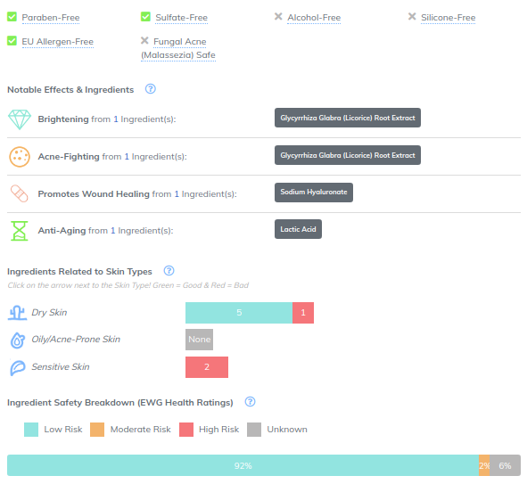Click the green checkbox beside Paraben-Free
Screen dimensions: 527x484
click(12, 16)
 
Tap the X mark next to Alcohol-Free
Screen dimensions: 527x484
click(278, 16)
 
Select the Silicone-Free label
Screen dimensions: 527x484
click(448, 18)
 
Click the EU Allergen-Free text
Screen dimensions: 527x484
click(57, 42)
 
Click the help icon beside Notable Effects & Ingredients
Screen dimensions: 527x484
click(150, 89)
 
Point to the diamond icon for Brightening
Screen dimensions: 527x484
click(20, 119)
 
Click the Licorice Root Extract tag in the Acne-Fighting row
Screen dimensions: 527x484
click(348, 155)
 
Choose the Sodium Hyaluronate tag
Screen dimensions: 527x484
click(314, 193)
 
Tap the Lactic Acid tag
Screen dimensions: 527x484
click(298, 229)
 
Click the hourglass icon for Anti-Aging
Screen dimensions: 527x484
click(19, 231)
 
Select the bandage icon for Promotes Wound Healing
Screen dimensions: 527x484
click(19, 193)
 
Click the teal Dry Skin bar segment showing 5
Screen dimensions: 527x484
click(239, 313)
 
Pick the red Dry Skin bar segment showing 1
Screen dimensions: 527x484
click(303, 313)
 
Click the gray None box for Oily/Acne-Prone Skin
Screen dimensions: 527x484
click(200, 340)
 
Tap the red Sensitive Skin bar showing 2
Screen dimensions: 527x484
click(207, 367)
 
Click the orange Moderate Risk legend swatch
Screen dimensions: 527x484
click(97, 430)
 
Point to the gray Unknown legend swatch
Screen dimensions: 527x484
click(254, 430)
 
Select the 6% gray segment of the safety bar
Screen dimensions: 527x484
click(506, 465)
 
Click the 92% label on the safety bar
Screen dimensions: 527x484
click(243, 466)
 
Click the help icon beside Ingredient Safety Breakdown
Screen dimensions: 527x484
click(250, 402)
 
